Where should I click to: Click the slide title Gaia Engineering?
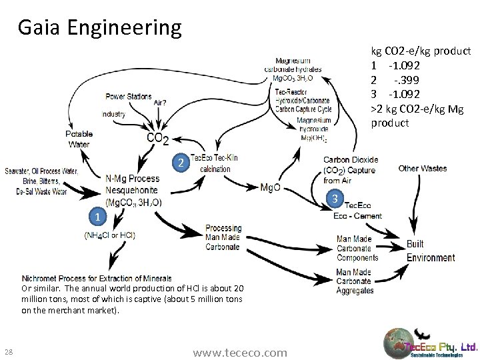pyautogui.click(x=99, y=27)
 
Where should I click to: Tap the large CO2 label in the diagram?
pyautogui.click(x=157, y=138)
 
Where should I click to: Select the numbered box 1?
pyautogui.click(x=97, y=217)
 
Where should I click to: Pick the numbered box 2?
pyautogui.click(x=179, y=162)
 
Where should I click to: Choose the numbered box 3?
pyautogui.click(x=337, y=199)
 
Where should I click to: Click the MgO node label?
pyautogui.click(x=270, y=187)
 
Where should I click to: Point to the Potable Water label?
pyautogui.click(x=79, y=139)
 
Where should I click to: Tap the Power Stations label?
pyautogui.click(x=129, y=97)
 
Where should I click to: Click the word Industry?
pyautogui.click(x=113, y=114)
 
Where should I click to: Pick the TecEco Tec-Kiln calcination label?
pyautogui.click(x=215, y=163)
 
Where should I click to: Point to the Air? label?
pyautogui.click(x=160, y=103)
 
